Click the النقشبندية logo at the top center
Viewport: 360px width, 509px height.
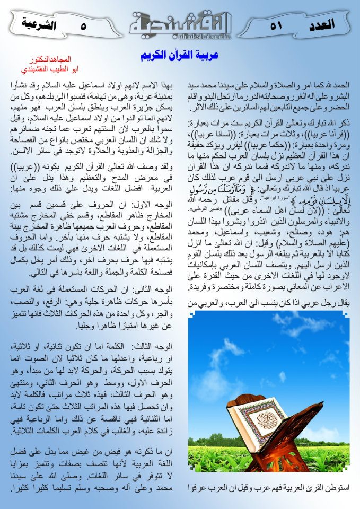click(180, 23)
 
